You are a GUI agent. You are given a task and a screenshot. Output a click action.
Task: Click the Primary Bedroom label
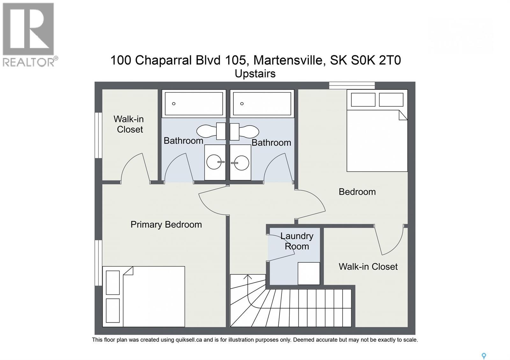(x=166, y=225)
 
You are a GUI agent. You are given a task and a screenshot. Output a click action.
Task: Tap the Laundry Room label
(x=297, y=241)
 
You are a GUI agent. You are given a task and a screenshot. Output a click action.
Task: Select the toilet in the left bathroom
(x=210, y=131)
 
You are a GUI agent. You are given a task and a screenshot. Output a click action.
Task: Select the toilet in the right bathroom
(x=245, y=131)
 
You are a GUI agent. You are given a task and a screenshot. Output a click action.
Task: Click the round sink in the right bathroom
(x=241, y=162)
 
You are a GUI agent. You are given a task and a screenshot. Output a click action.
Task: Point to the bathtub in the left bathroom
(x=193, y=104)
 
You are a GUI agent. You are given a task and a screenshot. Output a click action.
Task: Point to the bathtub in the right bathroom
(x=262, y=104)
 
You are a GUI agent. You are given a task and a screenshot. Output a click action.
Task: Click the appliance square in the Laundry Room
(x=309, y=273)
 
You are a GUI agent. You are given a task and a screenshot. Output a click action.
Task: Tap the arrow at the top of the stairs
(x=248, y=277)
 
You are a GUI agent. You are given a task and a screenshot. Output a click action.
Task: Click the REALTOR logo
(x=29, y=34)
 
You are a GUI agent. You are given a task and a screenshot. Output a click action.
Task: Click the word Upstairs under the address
(x=255, y=74)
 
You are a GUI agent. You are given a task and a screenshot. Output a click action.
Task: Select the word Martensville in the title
(x=288, y=60)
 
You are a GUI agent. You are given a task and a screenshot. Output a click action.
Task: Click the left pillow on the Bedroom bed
(x=363, y=100)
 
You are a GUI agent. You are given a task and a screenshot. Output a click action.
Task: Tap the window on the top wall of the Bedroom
(x=352, y=85)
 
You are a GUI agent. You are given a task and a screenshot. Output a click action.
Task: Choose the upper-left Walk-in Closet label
(x=129, y=124)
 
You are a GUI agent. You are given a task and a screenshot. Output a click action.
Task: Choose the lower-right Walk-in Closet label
(x=368, y=267)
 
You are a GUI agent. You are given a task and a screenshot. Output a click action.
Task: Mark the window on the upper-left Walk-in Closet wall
(x=98, y=135)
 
